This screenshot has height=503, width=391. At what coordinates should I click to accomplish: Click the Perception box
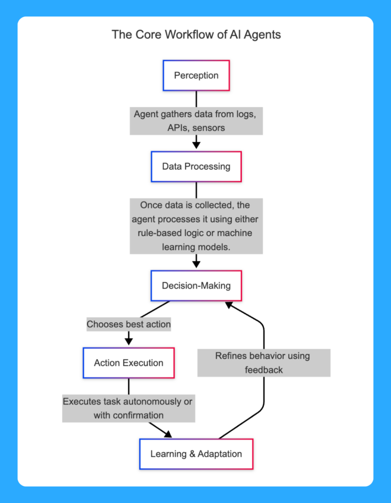(x=196, y=75)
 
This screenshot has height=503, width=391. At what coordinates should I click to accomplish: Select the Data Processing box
(x=196, y=166)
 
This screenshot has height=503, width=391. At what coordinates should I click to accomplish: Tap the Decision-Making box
(x=196, y=286)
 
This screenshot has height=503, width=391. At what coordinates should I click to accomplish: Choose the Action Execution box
(x=128, y=363)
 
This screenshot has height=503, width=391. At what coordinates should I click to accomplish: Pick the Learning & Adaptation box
(x=196, y=454)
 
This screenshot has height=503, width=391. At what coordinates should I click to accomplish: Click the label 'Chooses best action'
(x=128, y=324)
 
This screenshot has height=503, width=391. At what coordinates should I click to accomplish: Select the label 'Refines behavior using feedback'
(x=263, y=362)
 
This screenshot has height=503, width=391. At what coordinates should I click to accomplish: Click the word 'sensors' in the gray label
(x=209, y=128)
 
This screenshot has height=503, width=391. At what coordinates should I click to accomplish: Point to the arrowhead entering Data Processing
(x=196, y=145)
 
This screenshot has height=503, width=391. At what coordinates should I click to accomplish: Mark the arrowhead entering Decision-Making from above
(x=196, y=264)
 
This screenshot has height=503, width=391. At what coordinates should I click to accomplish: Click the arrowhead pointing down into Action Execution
(x=128, y=342)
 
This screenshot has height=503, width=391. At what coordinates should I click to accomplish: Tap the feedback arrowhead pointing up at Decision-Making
(x=229, y=305)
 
